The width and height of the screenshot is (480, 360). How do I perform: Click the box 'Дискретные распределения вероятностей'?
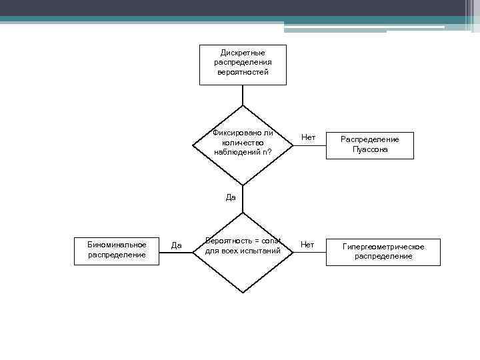click(243, 65)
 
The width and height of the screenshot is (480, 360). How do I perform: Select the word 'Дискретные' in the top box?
click(243, 53)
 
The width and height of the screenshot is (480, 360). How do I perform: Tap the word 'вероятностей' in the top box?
click(243, 72)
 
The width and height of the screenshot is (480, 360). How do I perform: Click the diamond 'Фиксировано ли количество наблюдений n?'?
click(243, 144)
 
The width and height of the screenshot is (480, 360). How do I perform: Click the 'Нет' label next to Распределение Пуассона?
click(308, 137)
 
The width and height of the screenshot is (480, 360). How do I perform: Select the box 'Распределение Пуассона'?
click(369, 145)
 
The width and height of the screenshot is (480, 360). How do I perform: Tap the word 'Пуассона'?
click(370, 149)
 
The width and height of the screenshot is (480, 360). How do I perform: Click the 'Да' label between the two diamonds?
click(231, 197)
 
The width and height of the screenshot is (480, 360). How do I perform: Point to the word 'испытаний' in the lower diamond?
click(261, 251)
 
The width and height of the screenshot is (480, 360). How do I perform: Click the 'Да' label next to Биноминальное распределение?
click(177, 245)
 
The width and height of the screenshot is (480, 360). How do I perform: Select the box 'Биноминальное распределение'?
click(117, 250)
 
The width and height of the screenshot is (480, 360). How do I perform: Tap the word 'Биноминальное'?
click(117, 245)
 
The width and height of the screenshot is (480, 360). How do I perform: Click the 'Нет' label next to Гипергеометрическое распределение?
click(307, 245)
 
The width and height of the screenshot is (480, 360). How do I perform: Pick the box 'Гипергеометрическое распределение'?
click(383, 251)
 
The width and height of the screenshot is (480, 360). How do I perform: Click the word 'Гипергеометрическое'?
click(383, 247)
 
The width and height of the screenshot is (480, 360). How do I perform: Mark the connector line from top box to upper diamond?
click(243, 95)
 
